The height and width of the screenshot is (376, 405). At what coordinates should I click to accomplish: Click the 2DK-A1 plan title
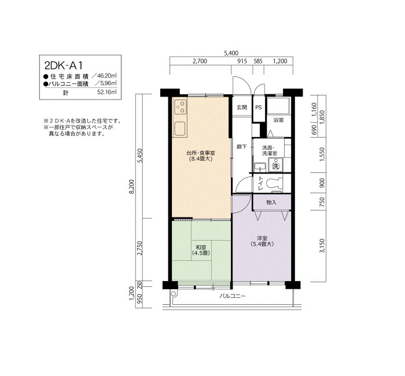pyautogui.click(x=64, y=65)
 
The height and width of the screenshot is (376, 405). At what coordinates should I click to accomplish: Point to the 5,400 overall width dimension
pyautogui.click(x=231, y=53)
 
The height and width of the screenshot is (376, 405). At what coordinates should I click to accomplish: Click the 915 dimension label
pyautogui.click(x=242, y=61)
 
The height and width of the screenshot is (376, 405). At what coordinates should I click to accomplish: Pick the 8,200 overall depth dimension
pyautogui.click(x=132, y=186)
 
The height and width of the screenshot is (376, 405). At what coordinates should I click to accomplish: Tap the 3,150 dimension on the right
pyautogui.click(x=322, y=246)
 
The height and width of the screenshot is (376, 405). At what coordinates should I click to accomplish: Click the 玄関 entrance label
pyautogui.click(x=242, y=107)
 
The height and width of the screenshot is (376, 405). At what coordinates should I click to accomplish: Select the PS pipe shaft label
pyautogui.click(x=259, y=108)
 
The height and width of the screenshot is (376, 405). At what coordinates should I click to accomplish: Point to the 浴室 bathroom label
pyautogui.click(x=278, y=120)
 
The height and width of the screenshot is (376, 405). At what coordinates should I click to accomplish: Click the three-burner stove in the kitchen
pyautogui.click(x=181, y=107)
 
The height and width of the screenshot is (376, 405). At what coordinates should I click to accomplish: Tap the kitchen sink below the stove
pyautogui.click(x=181, y=129)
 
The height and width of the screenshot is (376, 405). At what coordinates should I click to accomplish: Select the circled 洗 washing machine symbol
pyautogui.click(x=276, y=166)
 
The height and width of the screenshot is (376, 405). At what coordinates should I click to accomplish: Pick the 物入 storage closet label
pyautogui.click(x=271, y=202)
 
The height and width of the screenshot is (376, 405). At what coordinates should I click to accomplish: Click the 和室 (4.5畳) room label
pyautogui.click(x=201, y=250)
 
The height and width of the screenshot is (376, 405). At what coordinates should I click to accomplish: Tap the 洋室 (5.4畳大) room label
pyautogui.click(x=262, y=241)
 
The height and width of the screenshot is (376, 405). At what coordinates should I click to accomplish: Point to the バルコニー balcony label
pyautogui.click(x=233, y=296)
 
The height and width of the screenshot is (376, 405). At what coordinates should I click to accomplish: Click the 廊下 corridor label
pyautogui.click(x=242, y=147)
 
